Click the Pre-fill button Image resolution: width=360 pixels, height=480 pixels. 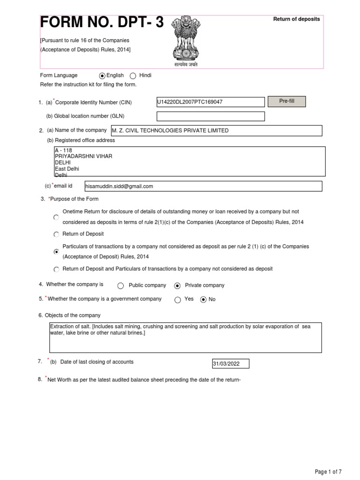coord(286,102)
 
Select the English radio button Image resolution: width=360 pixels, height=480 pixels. coord(102,75)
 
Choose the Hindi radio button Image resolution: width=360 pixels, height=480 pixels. coord(133,75)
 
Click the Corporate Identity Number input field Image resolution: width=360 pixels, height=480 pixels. coord(210,102)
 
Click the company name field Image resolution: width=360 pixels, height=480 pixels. coord(216,130)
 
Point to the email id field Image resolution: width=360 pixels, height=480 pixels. coord(203,186)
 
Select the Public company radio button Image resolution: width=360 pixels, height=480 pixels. coord(120,285)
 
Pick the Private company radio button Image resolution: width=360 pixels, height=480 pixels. coord(177,285)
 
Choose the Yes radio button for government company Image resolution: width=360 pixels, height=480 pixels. coord(177,300)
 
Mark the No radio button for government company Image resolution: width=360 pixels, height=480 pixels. coord(203,300)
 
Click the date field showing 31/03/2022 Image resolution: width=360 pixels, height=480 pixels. coord(231,364)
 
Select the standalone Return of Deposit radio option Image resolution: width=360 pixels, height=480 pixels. coord(56,234)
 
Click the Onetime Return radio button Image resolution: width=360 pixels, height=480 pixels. coord(56,217)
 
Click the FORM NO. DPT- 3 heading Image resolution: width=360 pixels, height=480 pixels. coord(102,22)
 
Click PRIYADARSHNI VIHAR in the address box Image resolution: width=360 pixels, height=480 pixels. coord(83,156)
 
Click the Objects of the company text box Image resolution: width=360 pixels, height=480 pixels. coord(186,337)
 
